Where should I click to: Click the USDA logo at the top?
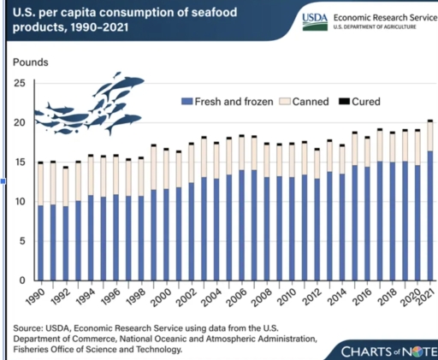[286, 21]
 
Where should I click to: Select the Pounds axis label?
[31, 62]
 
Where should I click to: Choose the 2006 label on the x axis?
[240, 300]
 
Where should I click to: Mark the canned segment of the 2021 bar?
[429, 136]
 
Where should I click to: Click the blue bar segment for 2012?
[317, 228]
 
